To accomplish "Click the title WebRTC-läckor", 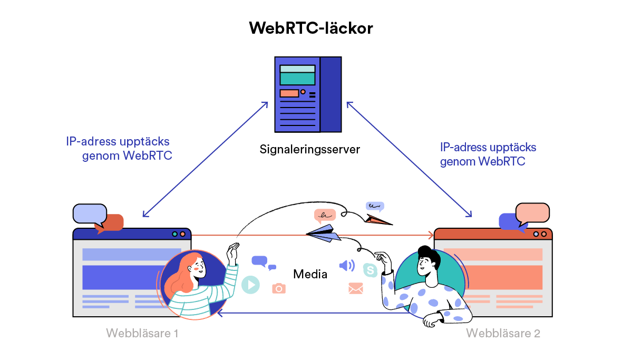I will pos(310,28).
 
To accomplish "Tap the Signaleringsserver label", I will pos(309,149).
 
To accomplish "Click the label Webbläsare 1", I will pos(142,333).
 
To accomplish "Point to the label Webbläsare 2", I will pos(503,333).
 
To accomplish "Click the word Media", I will pos(310,274).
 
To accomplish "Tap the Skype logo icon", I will pos(371,270).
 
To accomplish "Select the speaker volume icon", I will pos(346,265).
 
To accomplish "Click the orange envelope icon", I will pos(356,288).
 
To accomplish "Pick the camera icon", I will pos(278,288).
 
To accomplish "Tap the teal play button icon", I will pos(250,285).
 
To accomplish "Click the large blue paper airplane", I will pos(323,233).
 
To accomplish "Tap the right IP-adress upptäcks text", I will pos(488,148).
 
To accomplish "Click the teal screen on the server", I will pos(297,79).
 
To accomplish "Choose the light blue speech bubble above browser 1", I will pos(89,213).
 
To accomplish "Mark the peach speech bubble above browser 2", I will pos(532,212).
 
